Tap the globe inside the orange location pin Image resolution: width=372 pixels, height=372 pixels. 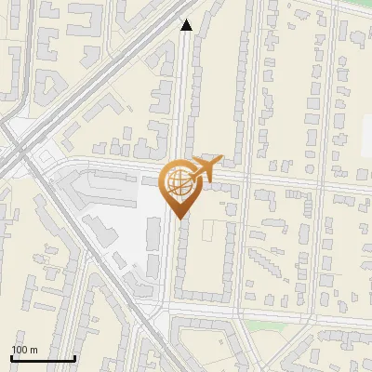pyautogui.click(x=179, y=182)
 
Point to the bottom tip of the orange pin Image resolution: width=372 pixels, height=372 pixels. pyautogui.click(x=179, y=219)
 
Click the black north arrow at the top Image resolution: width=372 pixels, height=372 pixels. pyautogui.click(x=186, y=25)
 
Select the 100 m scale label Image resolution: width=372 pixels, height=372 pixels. pyautogui.click(x=25, y=350)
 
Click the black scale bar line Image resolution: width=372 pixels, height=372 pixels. pyautogui.click(x=43, y=359)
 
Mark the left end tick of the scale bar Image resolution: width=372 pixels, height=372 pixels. pyautogui.click(x=11, y=357)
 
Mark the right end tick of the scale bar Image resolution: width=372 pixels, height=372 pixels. pyautogui.click(x=74, y=357)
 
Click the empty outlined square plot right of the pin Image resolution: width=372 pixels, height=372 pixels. pyautogui.click(x=212, y=232)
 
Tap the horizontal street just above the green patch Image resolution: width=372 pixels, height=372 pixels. pyautogui.click(x=270, y=309)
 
